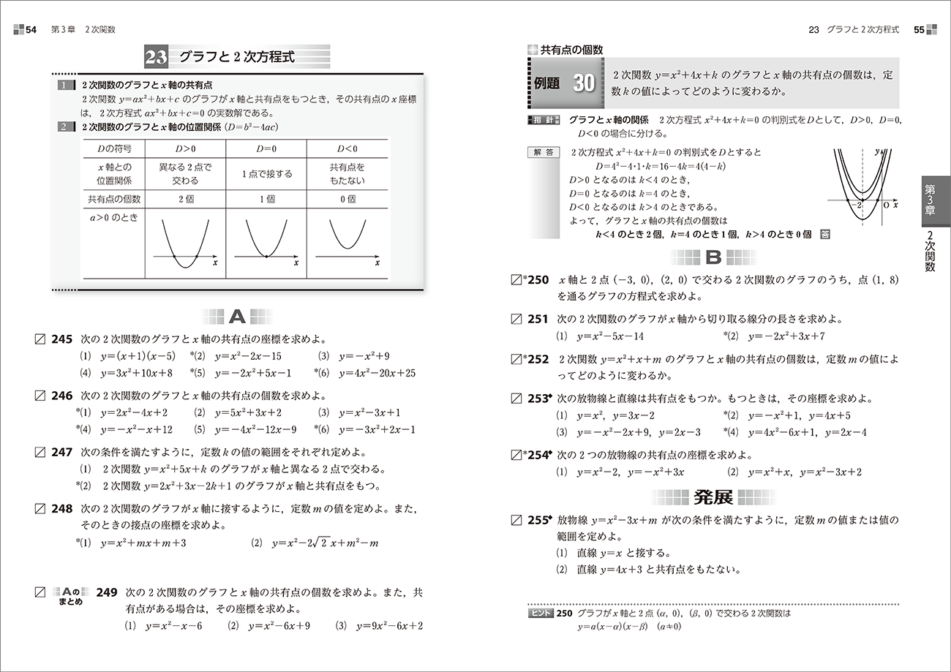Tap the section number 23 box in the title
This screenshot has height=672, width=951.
(156, 57)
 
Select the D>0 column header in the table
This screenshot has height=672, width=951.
(185, 149)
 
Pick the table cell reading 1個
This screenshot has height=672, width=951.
(266, 199)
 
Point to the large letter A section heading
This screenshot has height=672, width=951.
(237, 317)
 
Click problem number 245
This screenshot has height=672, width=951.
(62, 339)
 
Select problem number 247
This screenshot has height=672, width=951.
(62, 452)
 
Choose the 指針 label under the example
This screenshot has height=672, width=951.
(543, 119)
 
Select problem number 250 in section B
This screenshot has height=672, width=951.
(537, 280)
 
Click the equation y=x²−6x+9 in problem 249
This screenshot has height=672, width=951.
(279, 626)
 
